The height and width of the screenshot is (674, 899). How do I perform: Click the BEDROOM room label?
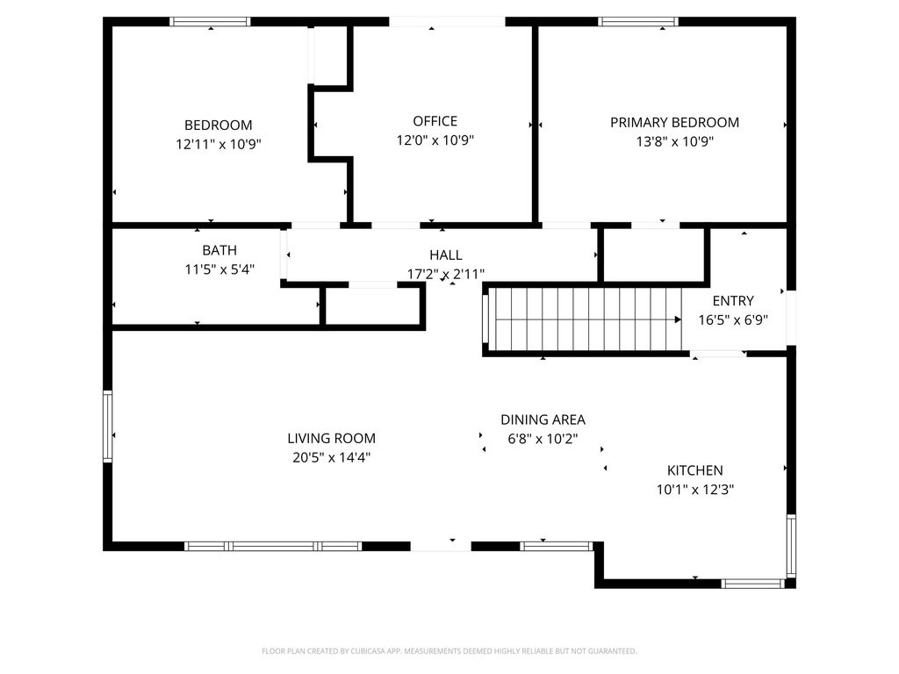point(218,125)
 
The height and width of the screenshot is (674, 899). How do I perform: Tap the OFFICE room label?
point(435,121)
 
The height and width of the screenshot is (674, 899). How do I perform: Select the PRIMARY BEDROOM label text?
point(674,122)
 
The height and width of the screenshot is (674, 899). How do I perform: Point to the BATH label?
point(219,250)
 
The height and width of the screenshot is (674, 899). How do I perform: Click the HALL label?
point(445,255)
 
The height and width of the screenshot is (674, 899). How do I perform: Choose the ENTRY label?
point(732,300)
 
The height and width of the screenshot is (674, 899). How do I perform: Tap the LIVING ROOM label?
point(331,438)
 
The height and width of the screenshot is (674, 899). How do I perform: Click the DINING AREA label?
point(543,419)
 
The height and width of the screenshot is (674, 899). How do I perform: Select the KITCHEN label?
point(694,470)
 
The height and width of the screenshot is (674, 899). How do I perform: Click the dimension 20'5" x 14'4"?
point(331,457)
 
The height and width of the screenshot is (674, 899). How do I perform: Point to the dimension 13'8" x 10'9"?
point(674,141)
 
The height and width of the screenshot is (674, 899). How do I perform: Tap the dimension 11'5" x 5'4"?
point(219,269)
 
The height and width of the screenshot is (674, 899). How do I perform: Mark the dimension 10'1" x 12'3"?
point(694,490)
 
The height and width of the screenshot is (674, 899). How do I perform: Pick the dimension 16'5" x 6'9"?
point(732,319)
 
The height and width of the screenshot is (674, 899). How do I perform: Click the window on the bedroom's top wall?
point(210,22)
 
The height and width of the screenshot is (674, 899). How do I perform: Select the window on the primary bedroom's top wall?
point(638,22)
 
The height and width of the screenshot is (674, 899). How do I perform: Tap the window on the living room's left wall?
point(108,427)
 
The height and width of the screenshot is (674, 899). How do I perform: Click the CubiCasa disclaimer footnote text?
point(449,651)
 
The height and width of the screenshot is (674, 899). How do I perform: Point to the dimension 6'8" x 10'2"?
point(543,439)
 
